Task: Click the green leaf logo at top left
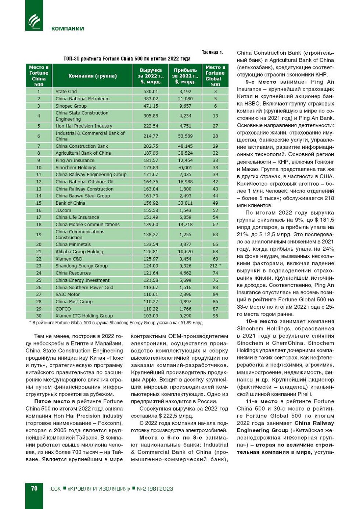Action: coord(34,21)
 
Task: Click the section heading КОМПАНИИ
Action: coord(68,29)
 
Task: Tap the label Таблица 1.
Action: coord(212,53)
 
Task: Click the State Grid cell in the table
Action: coord(66,92)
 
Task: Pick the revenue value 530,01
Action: coord(151,92)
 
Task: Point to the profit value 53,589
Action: coord(185,136)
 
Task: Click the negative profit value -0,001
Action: coord(185,168)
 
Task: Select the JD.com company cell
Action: coord(63,210)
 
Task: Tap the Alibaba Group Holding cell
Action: coord(79,252)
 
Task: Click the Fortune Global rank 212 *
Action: coord(215,266)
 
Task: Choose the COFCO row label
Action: coord(63,309)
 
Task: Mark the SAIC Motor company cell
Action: coord(68,294)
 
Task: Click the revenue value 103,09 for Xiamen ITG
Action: coord(151,316)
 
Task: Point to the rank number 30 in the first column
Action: coord(39,316)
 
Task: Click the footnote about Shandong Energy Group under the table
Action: coord(115,323)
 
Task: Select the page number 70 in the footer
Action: coord(34,488)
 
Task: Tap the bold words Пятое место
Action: coord(52,401)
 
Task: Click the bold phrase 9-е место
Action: coord(261,82)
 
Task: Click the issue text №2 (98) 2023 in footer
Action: coord(155,489)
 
